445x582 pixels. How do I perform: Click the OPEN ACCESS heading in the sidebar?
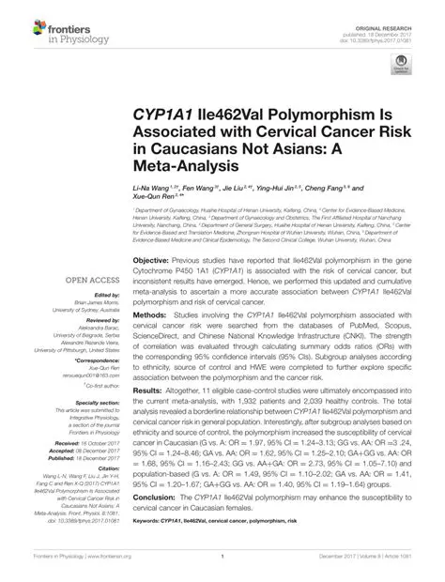click(89, 306)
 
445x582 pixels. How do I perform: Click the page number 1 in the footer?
click(222, 569)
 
